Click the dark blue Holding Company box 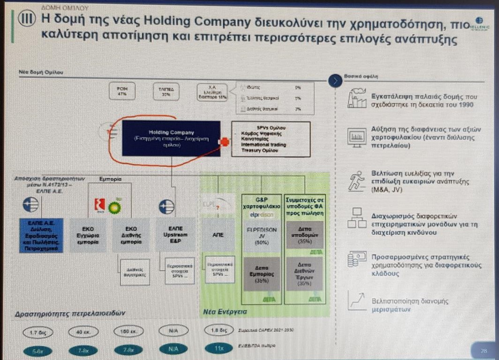pos(171,138)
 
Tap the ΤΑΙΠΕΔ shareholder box pos(167,91)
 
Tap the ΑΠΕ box pos(218,235)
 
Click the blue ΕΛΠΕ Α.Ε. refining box pos(40,236)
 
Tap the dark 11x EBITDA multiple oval pos(219,349)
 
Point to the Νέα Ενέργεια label pos(225,312)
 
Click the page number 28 pos(484,350)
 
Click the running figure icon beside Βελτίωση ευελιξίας pos(356,181)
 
